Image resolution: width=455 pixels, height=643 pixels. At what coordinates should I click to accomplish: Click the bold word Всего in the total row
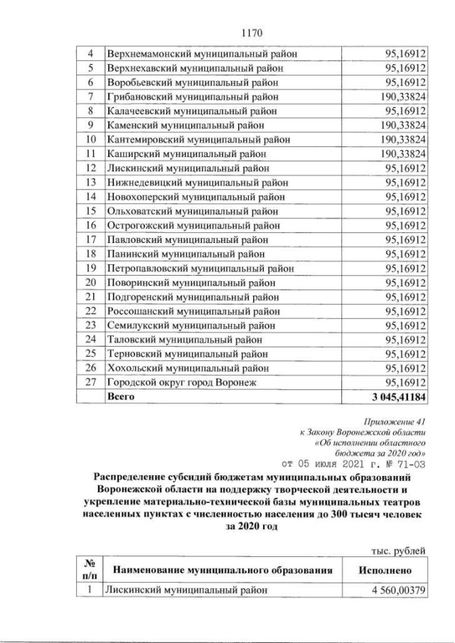tap(120, 396)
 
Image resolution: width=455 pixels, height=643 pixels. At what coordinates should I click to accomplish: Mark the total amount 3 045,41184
tap(393, 396)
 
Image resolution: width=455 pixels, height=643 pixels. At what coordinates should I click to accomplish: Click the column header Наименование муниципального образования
tap(223, 569)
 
